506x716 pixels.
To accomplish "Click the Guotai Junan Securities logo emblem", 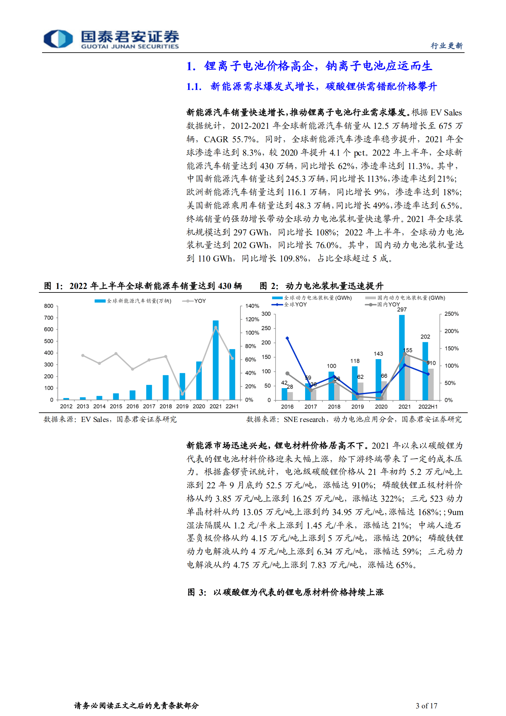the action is [x=58, y=39].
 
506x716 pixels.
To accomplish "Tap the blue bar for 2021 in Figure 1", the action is [x=216, y=360].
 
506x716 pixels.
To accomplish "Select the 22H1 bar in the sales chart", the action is [x=232, y=375].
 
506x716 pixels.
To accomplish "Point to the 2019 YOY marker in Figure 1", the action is [x=182, y=394].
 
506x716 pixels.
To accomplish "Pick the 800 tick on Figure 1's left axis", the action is [x=49, y=306].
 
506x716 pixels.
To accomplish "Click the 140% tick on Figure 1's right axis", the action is [x=252, y=306].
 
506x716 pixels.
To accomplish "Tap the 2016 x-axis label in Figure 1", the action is [x=132, y=406].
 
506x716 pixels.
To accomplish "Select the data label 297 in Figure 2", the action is [x=402, y=310].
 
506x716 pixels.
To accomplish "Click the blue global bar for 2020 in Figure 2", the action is [x=378, y=380].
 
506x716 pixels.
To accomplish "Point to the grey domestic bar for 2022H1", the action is [x=431, y=384].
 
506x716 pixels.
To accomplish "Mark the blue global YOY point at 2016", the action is [x=287, y=338].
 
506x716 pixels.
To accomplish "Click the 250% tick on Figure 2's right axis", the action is [x=451, y=314].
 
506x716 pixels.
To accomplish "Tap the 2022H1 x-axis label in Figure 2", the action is [x=428, y=407].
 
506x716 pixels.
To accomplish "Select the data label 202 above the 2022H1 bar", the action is [x=425, y=337].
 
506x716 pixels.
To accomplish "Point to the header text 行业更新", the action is [x=446, y=46].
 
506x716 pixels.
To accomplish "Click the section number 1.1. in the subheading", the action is [x=194, y=87].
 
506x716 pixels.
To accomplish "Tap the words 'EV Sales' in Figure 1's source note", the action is [x=95, y=419].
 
